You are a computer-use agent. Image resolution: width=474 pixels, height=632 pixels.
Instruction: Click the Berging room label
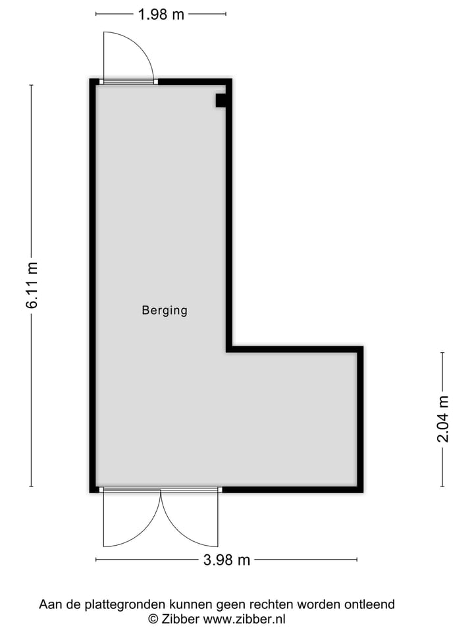point(165,310)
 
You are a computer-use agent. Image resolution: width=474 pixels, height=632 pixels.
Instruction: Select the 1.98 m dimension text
point(161,14)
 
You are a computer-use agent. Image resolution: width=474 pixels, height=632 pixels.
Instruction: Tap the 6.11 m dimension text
point(32,285)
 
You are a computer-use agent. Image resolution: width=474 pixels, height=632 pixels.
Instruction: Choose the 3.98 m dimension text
point(226,560)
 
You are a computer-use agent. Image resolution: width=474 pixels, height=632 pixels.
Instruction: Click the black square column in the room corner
point(221,100)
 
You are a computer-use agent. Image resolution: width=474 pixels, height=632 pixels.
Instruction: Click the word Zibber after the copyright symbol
point(180,619)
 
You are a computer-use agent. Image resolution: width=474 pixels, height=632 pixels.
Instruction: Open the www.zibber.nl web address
point(244,619)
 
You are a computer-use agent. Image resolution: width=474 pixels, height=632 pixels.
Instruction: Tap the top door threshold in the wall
point(128,82)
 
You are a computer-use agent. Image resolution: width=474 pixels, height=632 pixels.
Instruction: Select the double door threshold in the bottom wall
point(161,490)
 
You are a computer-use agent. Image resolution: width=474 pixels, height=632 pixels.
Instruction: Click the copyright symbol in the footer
point(153,619)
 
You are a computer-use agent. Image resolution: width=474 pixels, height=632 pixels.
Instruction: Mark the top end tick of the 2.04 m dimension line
point(442,353)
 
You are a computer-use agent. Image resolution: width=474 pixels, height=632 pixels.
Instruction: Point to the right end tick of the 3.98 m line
point(357,560)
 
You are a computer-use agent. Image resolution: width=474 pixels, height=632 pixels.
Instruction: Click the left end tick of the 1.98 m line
point(96,14)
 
